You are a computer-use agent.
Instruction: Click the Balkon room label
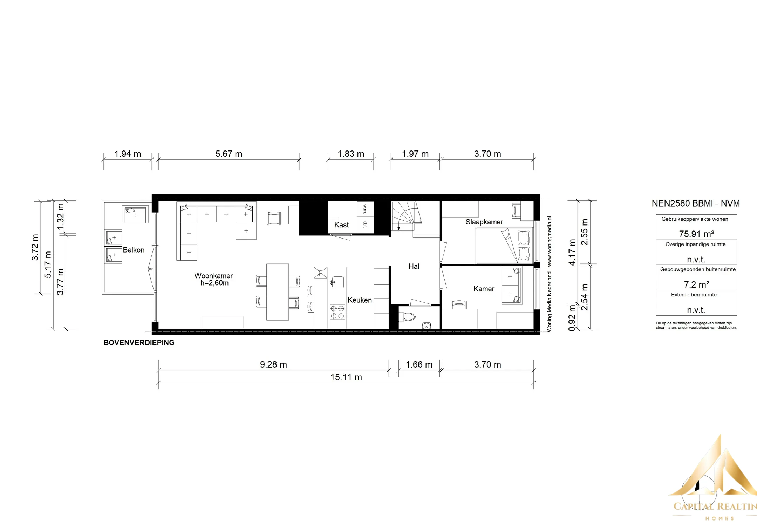(x=134, y=250)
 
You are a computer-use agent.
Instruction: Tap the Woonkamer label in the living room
(x=213, y=276)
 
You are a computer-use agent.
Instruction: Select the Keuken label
(x=360, y=300)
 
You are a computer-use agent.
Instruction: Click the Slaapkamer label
(x=484, y=222)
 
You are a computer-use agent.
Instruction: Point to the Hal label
(x=414, y=266)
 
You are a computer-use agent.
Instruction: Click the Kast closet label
(x=341, y=225)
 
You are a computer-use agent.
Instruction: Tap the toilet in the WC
(x=408, y=317)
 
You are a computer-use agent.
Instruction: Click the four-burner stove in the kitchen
(x=337, y=312)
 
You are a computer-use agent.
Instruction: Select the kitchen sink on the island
(x=337, y=282)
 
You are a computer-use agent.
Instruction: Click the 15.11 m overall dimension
(x=346, y=377)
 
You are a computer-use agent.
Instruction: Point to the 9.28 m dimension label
(x=273, y=364)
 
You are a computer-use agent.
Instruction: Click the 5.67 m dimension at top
(x=229, y=154)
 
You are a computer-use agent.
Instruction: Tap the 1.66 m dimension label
(x=419, y=364)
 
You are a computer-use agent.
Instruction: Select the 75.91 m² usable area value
(x=696, y=234)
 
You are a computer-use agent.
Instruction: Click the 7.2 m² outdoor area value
(x=696, y=284)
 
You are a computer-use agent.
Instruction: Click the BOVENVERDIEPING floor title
(x=139, y=343)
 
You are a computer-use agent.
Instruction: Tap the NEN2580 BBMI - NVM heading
(x=696, y=203)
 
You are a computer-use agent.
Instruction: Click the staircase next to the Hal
(x=407, y=216)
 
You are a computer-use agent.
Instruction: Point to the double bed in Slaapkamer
(x=504, y=246)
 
